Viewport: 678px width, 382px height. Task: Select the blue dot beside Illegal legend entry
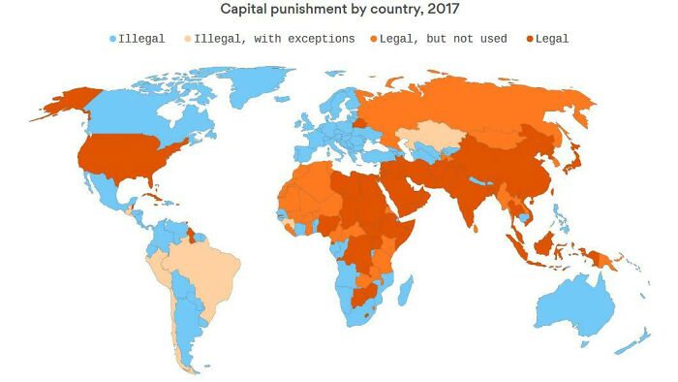[x=112, y=39]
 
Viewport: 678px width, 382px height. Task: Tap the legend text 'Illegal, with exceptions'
[x=274, y=39]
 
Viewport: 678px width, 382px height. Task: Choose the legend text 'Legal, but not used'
[x=445, y=39]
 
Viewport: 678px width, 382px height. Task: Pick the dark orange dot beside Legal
[x=529, y=39]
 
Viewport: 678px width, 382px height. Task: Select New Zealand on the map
[x=639, y=334]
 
